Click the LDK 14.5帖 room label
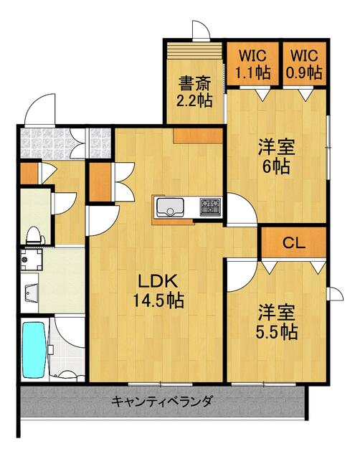click(x=158, y=291)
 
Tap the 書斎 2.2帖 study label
click(x=194, y=92)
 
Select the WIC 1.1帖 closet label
click(x=253, y=65)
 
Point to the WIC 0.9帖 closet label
click(x=304, y=65)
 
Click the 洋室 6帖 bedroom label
click(x=276, y=156)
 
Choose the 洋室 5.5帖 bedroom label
click(x=277, y=322)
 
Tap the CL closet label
click(x=294, y=242)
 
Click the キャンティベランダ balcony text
click(x=161, y=401)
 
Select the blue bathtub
click(x=34, y=350)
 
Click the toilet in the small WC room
click(x=35, y=236)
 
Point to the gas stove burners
click(x=210, y=207)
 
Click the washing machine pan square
click(x=32, y=260)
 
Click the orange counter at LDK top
click(x=198, y=136)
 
